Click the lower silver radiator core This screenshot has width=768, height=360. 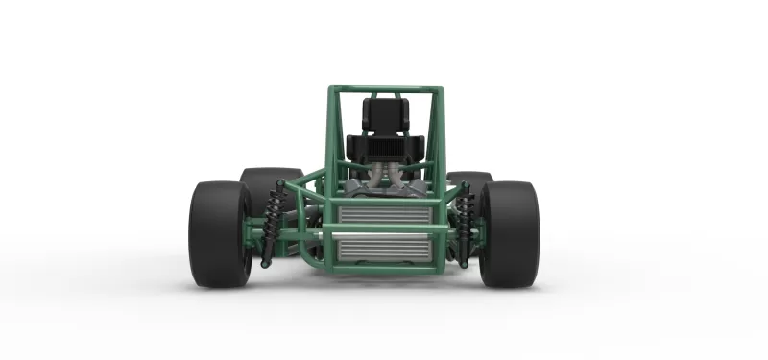pyautogui.click(x=383, y=250)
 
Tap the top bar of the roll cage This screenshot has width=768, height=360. pyautogui.click(x=385, y=91)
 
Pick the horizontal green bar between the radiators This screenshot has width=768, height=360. pyautogui.click(x=383, y=231)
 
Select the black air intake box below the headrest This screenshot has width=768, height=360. pyautogui.click(x=384, y=148)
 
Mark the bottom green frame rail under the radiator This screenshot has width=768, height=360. pyautogui.click(x=383, y=268)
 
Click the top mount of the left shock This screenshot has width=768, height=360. pyautogui.click(x=280, y=185)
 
